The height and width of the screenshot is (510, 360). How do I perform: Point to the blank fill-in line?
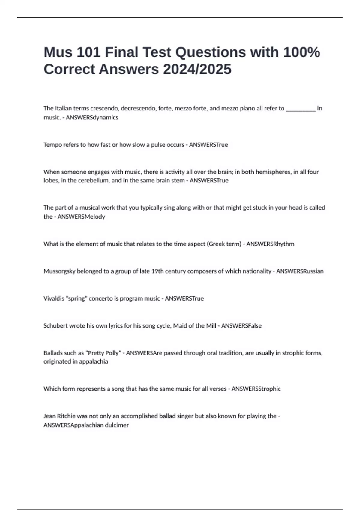(301, 109)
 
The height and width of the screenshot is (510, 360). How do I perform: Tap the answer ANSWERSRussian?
(300, 271)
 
